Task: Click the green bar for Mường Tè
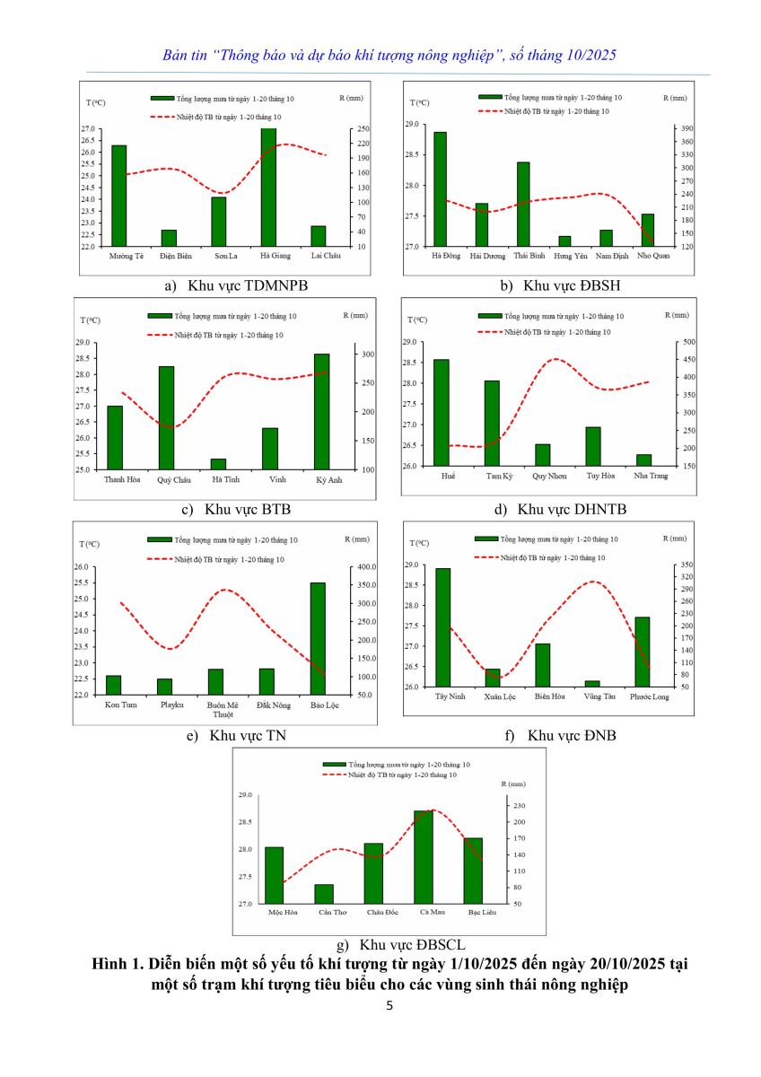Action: pyautogui.click(x=118, y=196)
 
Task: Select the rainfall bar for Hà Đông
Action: pyautogui.click(x=440, y=188)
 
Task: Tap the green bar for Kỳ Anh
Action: pyautogui.click(x=321, y=411)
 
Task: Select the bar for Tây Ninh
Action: pyautogui.click(x=442, y=627)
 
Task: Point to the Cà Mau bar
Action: pyautogui.click(x=423, y=857)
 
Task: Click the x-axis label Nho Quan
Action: pyautogui.click(x=652, y=255)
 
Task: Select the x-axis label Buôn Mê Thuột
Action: pyautogui.click(x=215, y=709)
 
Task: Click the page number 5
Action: pyautogui.click(x=389, y=1005)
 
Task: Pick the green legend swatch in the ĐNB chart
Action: pyautogui.click(x=486, y=538)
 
